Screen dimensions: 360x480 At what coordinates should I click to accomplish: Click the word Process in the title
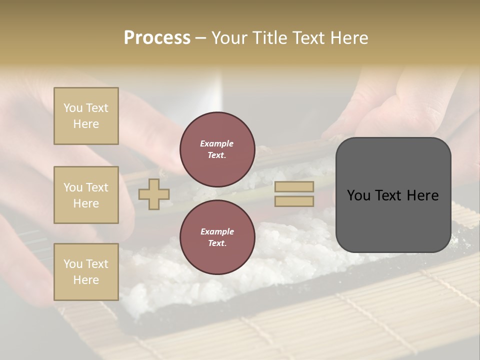coord(157,38)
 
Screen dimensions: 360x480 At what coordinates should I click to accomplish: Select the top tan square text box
coord(86,116)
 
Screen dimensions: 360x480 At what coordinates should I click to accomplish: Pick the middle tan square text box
coord(86,195)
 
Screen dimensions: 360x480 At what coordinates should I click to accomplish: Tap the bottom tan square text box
coord(86,272)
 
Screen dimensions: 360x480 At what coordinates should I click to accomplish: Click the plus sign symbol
coord(154,194)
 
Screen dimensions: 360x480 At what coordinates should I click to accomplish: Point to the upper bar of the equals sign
coord(294,187)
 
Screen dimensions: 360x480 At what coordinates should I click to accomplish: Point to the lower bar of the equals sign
coord(294,201)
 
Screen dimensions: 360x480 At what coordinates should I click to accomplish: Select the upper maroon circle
coord(217,149)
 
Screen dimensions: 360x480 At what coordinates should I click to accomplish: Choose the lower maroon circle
coord(217,237)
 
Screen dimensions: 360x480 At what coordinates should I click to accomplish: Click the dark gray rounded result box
coord(393,195)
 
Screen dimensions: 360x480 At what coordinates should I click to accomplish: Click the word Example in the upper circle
coord(217,144)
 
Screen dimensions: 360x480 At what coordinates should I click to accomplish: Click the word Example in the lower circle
coord(217,231)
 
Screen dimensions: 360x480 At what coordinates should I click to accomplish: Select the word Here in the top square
coord(86,124)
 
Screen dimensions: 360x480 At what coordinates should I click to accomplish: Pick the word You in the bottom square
coord(73,264)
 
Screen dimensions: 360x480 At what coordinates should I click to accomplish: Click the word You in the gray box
coord(358,195)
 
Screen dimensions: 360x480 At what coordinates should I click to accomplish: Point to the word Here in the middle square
coord(86,203)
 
